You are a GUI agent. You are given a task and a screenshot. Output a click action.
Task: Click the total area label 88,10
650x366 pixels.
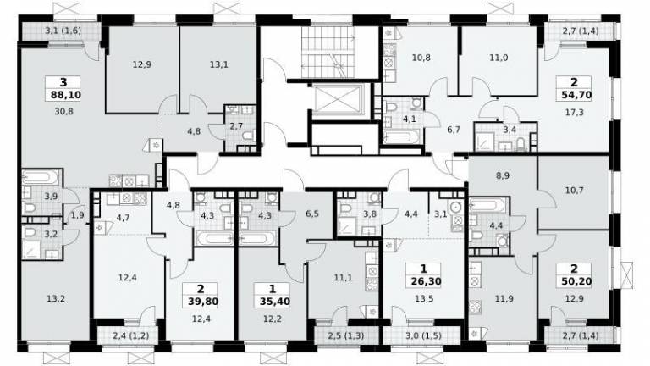[65, 95]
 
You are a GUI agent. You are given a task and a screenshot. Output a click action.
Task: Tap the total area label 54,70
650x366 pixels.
[574, 95]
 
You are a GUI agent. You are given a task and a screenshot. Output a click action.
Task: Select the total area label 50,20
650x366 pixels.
[574, 281]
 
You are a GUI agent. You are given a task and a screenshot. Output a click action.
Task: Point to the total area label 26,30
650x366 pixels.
[424, 281]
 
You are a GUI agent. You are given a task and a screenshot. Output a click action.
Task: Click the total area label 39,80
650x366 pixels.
[201, 302]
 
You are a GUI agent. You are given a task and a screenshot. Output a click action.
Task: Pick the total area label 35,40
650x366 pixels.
[273, 302]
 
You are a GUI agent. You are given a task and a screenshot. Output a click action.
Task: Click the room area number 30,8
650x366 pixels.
[63, 111]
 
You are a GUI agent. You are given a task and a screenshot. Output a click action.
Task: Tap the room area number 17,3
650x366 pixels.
[574, 112]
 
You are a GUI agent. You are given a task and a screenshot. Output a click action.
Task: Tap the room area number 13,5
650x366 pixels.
[424, 298]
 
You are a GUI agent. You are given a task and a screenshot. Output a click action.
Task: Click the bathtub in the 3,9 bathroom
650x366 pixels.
[41, 178]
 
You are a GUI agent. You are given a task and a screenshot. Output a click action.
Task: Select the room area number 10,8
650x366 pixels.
[421, 58]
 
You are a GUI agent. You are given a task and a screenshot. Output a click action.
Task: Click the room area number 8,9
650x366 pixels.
[502, 175]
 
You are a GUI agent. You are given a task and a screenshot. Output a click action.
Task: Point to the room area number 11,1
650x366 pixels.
[344, 278]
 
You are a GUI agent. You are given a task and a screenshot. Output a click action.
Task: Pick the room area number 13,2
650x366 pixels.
[56, 298]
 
